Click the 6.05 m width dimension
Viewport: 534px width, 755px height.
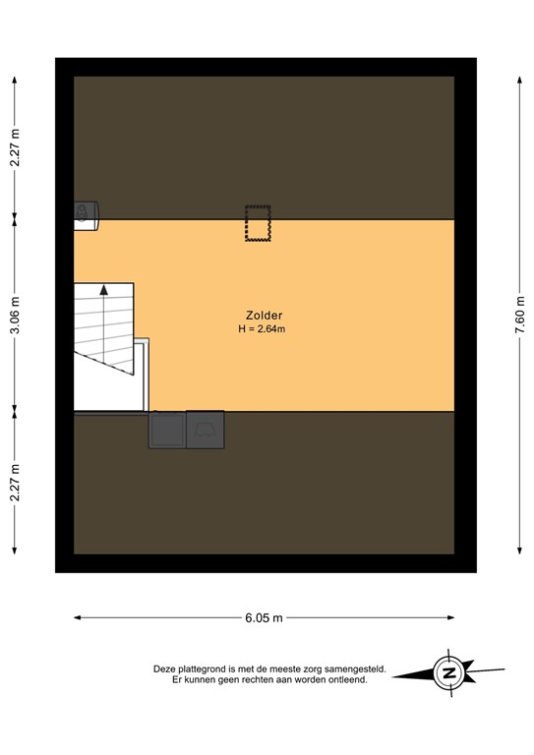(x=265, y=618)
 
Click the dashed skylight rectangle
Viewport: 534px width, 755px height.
(x=258, y=223)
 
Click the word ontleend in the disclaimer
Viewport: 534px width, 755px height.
(x=346, y=679)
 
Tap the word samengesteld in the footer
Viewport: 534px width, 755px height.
(x=355, y=668)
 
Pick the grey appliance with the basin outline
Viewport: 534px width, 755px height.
(x=205, y=430)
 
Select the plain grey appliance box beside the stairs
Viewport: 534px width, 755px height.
(x=166, y=430)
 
